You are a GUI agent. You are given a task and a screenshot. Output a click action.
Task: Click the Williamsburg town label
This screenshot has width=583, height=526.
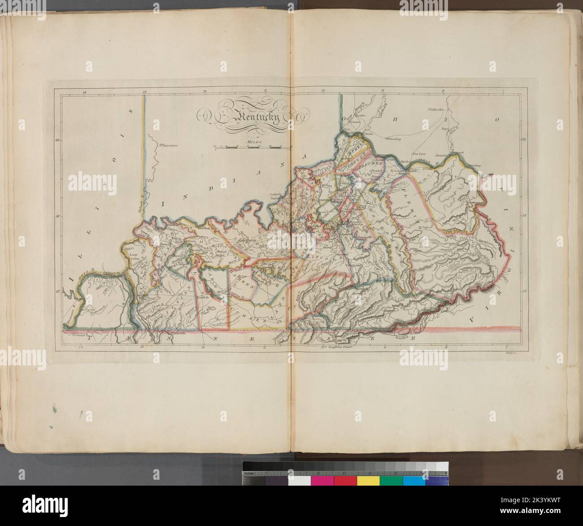tap(395, 139)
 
